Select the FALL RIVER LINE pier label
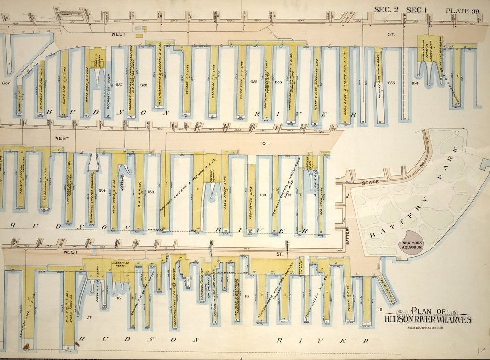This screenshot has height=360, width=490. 224,194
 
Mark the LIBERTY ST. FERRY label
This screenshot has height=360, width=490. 122,265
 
